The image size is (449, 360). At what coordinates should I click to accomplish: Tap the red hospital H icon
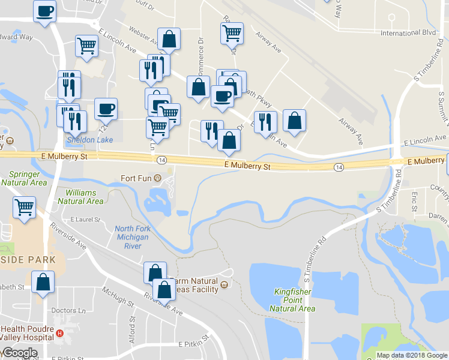point(59,334)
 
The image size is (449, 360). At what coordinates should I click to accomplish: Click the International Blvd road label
point(408,32)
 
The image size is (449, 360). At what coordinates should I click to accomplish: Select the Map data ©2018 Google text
point(411,355)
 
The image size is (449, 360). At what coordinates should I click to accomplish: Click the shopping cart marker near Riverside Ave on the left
point(25,207)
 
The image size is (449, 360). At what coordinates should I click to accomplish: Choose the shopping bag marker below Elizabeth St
point(43,281)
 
